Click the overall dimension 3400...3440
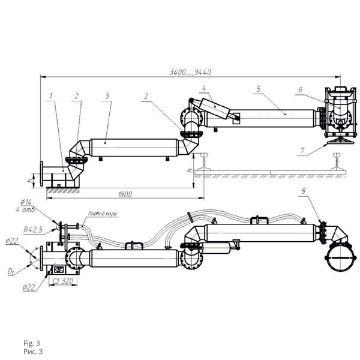(190, 72)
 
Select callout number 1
(52, 95)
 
